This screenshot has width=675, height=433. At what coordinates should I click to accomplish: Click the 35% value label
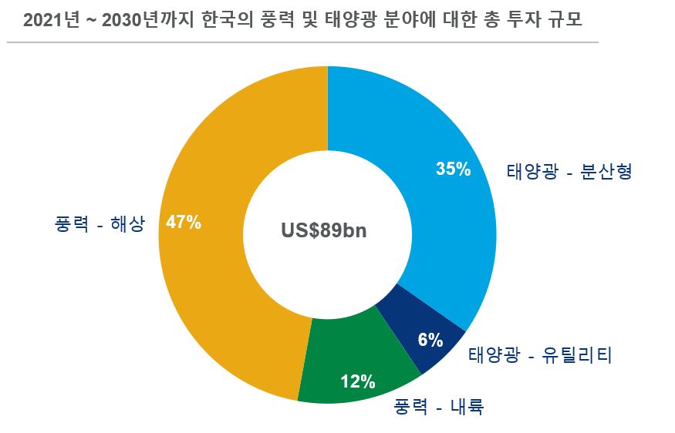tap(453, 170)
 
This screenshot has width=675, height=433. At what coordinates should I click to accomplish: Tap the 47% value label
tap(184, 223)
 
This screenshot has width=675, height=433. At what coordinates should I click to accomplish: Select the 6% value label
tap(430, 339)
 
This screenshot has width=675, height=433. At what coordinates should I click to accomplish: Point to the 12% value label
tap(358, 381)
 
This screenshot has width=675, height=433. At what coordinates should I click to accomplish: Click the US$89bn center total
tap(323, 230)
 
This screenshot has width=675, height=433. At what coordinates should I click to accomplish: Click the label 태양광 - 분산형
tap(569, 171)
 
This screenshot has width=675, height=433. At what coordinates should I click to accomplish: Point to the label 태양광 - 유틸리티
tap(540, 356)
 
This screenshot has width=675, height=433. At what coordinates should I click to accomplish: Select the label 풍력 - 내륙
tap(438, 406)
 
